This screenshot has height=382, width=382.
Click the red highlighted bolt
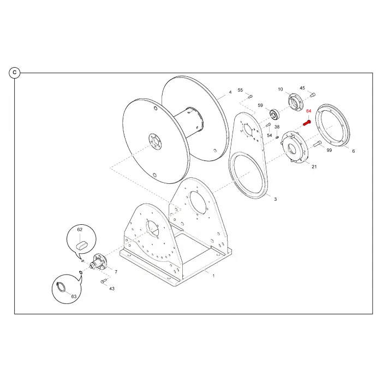coord(307,123)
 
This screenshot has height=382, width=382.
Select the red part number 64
coord(309,111)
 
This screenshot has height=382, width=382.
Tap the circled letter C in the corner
coord(15,73)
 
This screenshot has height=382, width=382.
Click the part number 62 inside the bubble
coord(80,230)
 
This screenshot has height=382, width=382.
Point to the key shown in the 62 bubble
coord(81,246)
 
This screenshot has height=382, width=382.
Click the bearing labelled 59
coord(274,115)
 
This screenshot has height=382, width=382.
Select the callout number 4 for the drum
coord(230,92)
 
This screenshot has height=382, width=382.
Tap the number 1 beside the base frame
coord(213,276)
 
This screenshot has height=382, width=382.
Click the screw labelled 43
coord(104,281)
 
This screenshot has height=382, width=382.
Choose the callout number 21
coord(314,166)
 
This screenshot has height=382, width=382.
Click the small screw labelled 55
coord(250,96)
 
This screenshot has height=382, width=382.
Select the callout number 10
coord(280,89)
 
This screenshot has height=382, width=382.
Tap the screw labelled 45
coord(313,94)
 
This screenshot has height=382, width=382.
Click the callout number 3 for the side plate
coord(275,199)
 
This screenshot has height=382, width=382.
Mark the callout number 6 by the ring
coord(353,151)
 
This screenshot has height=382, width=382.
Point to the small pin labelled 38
coord(277,138)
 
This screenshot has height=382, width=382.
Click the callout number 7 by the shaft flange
coord(116,272)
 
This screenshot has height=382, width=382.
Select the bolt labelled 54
coord(268,125)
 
